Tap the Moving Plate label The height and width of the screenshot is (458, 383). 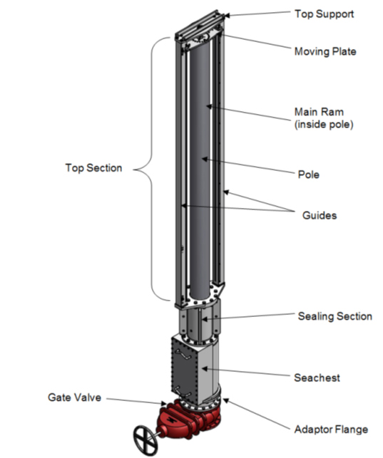coord(325,51)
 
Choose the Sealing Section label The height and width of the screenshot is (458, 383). coord(335,316)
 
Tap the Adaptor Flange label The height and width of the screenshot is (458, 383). coord(331,429)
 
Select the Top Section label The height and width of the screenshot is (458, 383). coord(93,168)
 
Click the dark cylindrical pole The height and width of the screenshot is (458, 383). coord(203,164)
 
